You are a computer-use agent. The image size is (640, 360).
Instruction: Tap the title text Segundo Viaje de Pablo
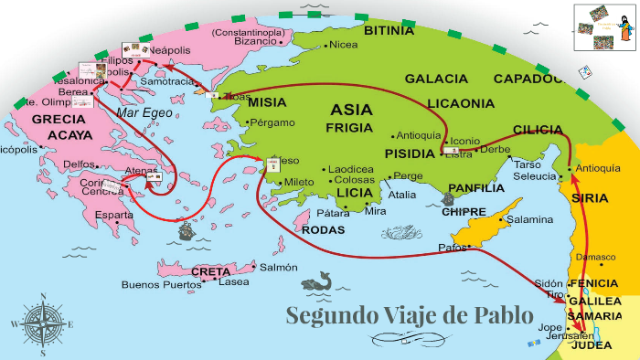[409, 316]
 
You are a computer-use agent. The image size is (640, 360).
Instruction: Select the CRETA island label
[211, 271]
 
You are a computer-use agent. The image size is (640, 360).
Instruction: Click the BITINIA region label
[389, 31]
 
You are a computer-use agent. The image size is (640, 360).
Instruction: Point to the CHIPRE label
[464, 212]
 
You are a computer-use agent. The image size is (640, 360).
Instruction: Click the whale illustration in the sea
[315, 283]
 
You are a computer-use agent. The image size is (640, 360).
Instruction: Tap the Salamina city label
[529, 219]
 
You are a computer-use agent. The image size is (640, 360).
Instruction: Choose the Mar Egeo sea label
[143, 113]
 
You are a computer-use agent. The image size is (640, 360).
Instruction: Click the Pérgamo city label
[272, 122]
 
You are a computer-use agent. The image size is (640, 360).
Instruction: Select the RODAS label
[323, 229]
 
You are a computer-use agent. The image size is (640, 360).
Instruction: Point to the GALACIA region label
[436, 79]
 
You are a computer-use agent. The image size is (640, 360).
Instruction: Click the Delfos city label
[79, 164]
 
